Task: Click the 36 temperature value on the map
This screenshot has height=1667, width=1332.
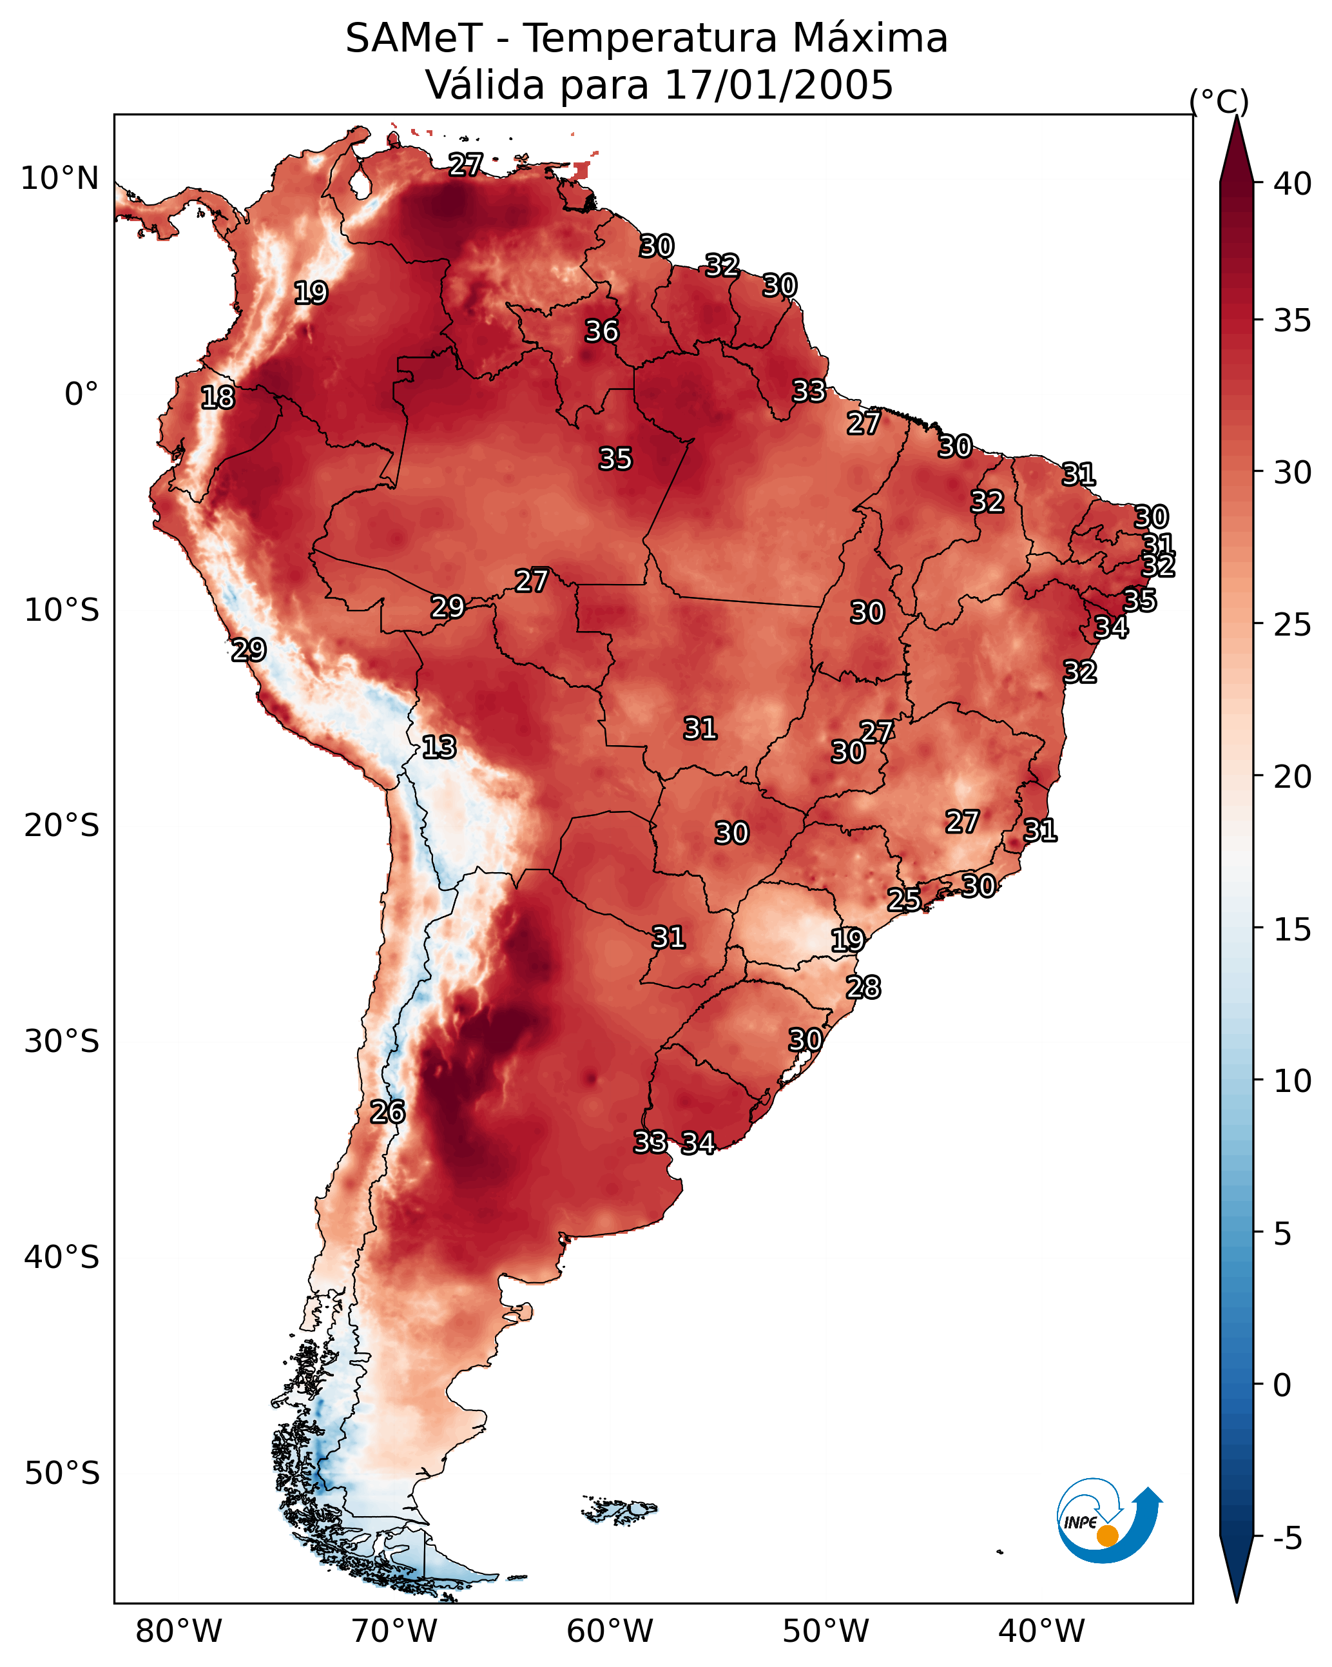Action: (x=601, y=331)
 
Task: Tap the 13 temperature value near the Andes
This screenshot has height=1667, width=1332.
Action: (x=439, y=747)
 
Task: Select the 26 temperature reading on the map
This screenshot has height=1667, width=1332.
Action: (x=387, y=1112)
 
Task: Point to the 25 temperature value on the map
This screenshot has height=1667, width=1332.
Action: (x=903, y=899)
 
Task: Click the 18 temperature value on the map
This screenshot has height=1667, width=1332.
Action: (x=217, y=398)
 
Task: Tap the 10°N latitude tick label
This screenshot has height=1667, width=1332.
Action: (x=59, y=179)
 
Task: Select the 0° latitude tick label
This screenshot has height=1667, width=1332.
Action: (x=81, y=395)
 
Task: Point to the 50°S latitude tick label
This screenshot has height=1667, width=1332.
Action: (x=62, y=1474)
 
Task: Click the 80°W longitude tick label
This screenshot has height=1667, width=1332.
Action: (x=179, y=1632)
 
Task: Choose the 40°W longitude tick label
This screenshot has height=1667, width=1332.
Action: (x=1041, y=1632)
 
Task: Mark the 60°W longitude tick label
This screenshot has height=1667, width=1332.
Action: (x=610, y=1632)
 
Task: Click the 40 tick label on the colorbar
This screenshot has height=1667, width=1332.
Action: (x=1292, y=184)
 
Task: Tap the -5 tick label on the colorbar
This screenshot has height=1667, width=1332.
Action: (x=1287, y=1539)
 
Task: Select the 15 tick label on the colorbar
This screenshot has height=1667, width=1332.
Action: (x=1292, y=930)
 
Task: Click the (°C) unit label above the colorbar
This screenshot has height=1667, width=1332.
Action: (x=1219, y=101)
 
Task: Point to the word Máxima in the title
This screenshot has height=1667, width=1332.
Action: (x=870, y=38)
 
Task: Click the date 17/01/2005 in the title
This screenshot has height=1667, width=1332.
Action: (x=778, y=84)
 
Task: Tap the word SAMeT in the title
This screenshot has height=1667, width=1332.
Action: (x=414, y=38)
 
